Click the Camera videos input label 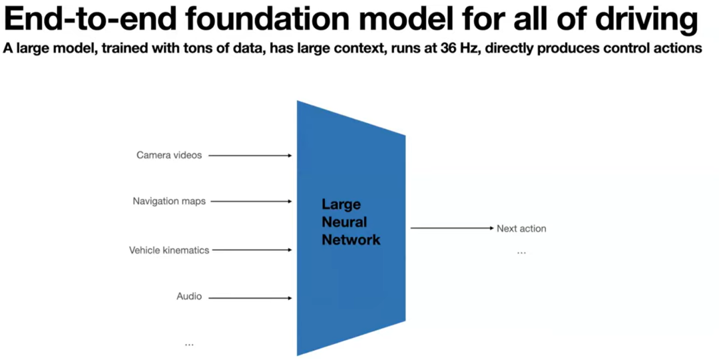pos(169,155)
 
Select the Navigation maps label pos(169,201)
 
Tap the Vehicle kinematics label pos(169,250)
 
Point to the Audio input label pos(189,297)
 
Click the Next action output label pos(521,228)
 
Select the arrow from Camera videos pos(250,156)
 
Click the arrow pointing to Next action pos(451,228)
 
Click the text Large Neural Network pos(351,222)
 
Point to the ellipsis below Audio pos(189,344)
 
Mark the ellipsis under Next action pos(521,253)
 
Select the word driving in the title pos(641,21)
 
